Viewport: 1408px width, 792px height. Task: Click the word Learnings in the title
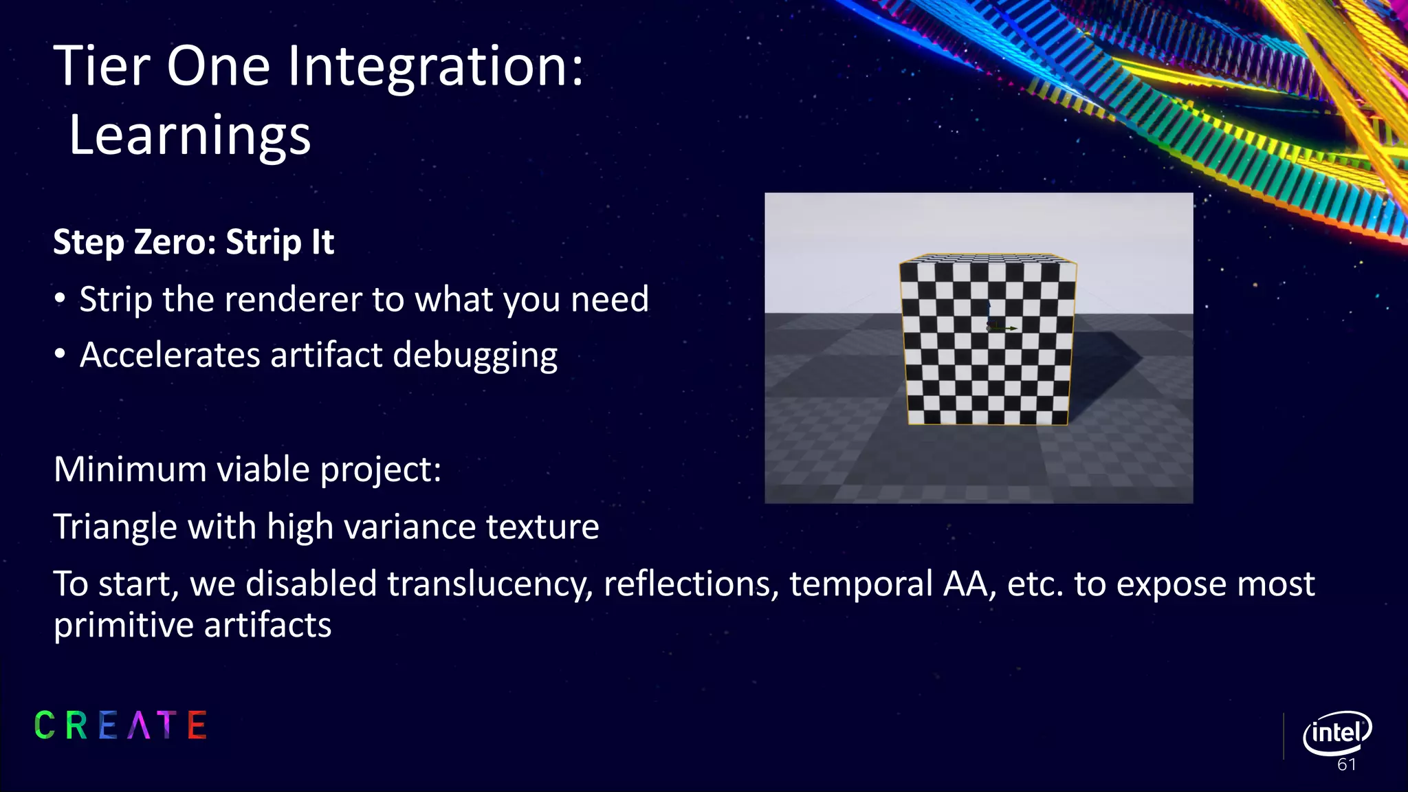click(x=190, y=135)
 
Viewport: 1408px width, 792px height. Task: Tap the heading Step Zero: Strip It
click(x=193, y=242)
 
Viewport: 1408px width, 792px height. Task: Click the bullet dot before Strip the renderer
click(x=60, y=299)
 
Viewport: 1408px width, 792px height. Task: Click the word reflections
click(x=691, y=584)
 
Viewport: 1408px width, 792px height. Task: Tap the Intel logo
click(x=1336, y=732)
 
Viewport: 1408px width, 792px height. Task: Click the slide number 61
click(x=1346, y=764)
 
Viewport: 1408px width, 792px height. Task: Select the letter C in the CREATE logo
click(x=45, y=725)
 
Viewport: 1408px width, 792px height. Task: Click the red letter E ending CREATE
click(x=197, y=725)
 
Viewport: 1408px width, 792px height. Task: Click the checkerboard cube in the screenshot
click(x=988, y=340)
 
